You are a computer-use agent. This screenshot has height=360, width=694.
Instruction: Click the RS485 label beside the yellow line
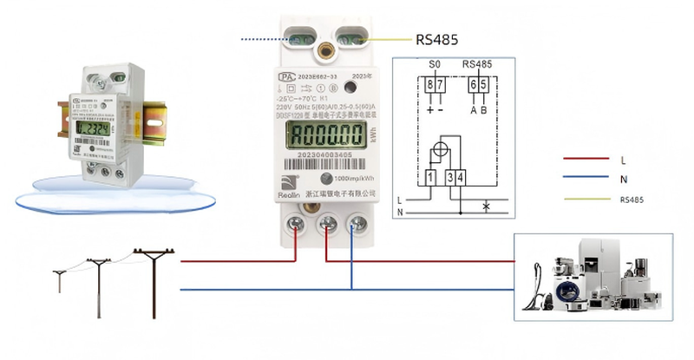point(437,39)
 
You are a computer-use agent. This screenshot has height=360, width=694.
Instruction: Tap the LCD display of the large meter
point(326,134)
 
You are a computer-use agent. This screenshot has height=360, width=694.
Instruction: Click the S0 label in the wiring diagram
point(435,65)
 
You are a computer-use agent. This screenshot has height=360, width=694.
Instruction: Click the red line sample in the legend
point(583,160)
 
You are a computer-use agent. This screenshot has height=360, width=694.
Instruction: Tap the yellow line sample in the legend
point(583,200)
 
